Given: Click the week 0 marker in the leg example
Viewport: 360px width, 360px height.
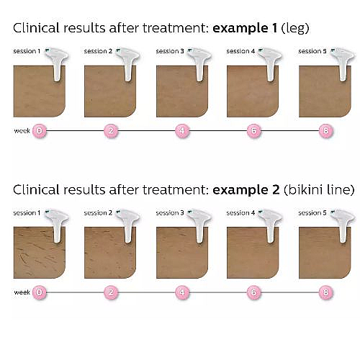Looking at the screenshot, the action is [x=39, y=131].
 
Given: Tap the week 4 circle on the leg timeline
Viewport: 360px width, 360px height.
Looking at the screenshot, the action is [x=182, y=131].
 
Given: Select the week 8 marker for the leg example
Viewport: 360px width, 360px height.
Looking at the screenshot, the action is [x=325, y=131].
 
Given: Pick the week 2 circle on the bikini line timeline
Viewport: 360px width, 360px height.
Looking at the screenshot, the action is [x=111, y=292].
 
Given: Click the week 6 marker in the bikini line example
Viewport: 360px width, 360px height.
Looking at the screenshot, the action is [x=253, y=292].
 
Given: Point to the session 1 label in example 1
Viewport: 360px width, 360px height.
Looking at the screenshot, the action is [x=27, y=51].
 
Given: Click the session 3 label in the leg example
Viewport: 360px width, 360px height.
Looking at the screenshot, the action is [x=170, y=51].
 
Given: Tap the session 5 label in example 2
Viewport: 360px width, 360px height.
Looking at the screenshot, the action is [x=312, y=213].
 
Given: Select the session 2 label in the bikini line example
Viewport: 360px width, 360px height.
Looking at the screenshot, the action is [x=98, y=213].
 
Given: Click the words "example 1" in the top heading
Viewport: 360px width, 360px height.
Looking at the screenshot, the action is [x=245, y=28].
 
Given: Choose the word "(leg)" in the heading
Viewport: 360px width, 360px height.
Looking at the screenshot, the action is [x=295, y=29].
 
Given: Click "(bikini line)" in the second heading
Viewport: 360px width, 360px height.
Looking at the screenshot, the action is [x=319, y=190].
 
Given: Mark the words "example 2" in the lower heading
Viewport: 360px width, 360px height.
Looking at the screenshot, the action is [x=246, y=190].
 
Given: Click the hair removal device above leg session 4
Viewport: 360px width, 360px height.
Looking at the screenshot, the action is [x=270, y=63].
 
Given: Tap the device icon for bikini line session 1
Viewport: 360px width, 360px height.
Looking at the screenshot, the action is [x=57, y=225].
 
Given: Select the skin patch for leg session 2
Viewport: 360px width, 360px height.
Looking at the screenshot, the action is [x=110, y=91].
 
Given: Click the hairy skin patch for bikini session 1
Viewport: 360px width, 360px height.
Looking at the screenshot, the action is [x=40, y=253].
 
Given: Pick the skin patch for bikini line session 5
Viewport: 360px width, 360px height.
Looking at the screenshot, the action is [x=325, y=253].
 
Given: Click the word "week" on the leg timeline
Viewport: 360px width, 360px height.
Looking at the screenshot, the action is [x=22, y=131].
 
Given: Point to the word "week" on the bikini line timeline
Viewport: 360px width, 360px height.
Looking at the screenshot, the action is [x=22, y=292].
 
